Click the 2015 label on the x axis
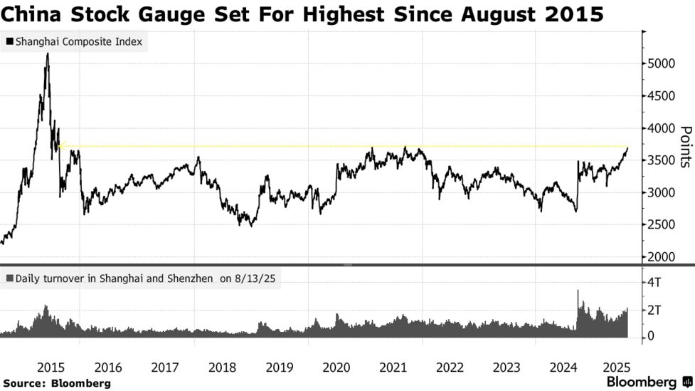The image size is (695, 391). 51,367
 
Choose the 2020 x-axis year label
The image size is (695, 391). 336,367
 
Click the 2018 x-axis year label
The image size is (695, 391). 222,367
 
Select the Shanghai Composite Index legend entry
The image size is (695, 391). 74,42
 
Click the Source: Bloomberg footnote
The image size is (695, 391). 57,383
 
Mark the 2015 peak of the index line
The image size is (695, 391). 47,53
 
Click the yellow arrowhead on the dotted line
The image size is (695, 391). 61,147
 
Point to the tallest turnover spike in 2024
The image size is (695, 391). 578,291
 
